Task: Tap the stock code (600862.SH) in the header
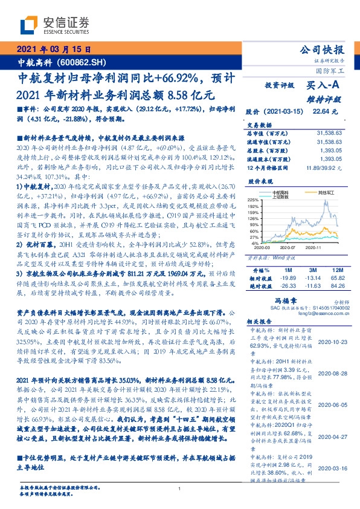click(82, 62)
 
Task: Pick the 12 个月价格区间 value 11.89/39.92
click(325, 167)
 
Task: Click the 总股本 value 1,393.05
click(331, 150)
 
